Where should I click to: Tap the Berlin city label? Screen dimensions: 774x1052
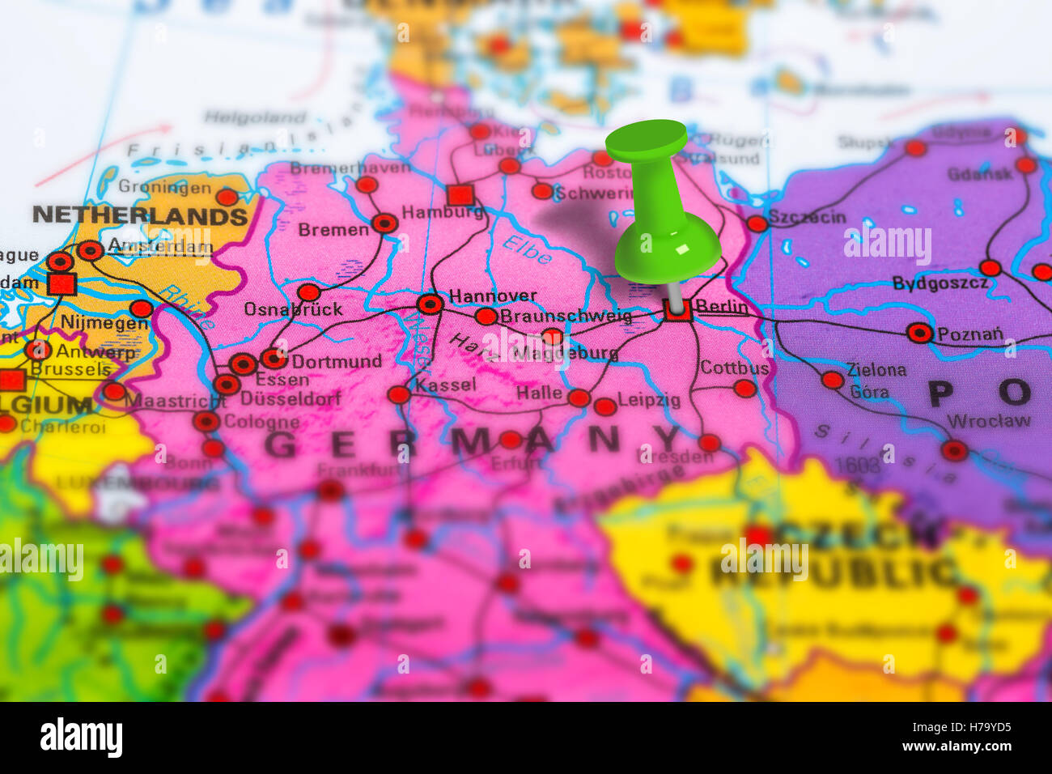tap(722, 307)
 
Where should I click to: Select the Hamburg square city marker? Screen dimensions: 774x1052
tap(460, 195)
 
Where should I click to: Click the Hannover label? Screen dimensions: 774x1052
tap(493, 296)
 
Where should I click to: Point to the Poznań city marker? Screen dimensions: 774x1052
tap(919, 333)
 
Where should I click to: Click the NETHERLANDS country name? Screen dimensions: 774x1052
tap(140, 216)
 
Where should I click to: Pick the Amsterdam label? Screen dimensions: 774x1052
tap(159, 245)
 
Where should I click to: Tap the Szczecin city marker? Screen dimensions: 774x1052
tap(757, 224)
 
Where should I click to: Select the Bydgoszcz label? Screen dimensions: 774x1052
tap(940, 283)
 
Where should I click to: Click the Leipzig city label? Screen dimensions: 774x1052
tap(649, 400)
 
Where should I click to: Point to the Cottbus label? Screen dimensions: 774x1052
tap(734, 368)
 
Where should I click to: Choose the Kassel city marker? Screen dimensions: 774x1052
tap(399, 395)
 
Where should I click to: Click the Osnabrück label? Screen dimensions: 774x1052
tap(293, 309)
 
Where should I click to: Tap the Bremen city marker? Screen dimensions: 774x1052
tap(385, 223)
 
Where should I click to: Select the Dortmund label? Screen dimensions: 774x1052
tap(336, 361)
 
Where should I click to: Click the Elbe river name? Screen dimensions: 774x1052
tap(528, 250)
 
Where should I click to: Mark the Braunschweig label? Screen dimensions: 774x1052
tap(566, 317)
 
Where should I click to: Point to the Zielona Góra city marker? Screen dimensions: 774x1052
tap(832, 380)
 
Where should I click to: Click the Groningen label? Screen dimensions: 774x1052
tap(164, 187)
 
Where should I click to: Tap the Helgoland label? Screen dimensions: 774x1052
tap(255, 117)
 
